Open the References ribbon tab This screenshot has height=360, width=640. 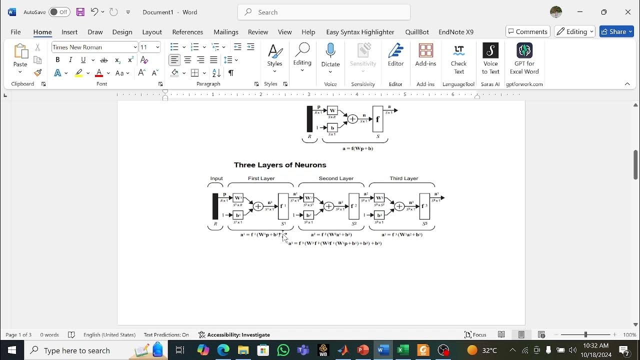pyautogui.click(x=187, y=32)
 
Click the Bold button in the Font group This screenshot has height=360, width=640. pyautogui.click(x=57, y=60)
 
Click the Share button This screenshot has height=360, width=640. pyautogui.click(x=616, y=31)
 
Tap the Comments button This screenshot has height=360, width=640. pyautogui.click(x=528, y=31)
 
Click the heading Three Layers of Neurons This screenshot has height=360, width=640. pyautogui.click(x=280, y=165)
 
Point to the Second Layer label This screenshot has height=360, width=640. pyautogui.click(x=336, y=178)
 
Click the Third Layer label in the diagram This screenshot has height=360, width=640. pyautogui.click(x=404, y=178)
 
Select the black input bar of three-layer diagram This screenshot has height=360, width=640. pyautogui.click(x=215, y=206)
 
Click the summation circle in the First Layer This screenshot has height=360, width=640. pyautogui.click(x=258, y=206)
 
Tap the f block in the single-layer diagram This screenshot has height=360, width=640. pyautogui.click(x=377, y=119)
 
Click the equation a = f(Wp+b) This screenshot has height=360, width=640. pyautogui.click(x=358, y=148)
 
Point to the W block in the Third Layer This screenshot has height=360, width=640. pyautogui.click(x=379, y=198)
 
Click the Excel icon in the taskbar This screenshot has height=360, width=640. pyautogui.click(x=403, y=350)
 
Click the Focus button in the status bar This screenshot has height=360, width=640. pyautogui.click(x=475, y=335)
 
